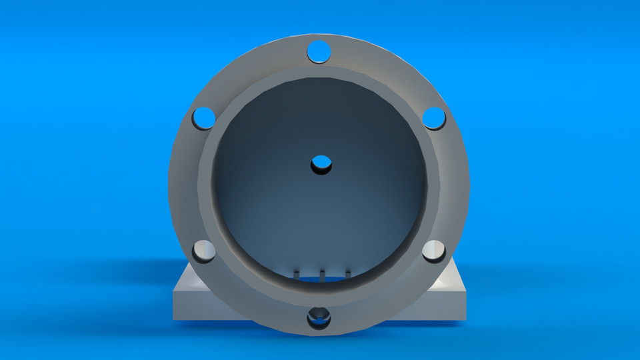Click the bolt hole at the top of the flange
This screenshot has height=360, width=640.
(319, 51)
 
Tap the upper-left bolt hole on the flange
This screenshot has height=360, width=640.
(203, 118)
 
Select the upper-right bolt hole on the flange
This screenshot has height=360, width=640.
(434, 118)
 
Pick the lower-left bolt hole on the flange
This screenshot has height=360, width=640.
(203, 251)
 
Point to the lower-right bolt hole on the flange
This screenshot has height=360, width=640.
(434, 251)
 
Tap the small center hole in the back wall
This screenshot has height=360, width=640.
(321, 163)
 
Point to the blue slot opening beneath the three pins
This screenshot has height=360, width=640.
(321, 280)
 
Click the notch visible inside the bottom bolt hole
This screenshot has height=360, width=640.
(319, 313)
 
